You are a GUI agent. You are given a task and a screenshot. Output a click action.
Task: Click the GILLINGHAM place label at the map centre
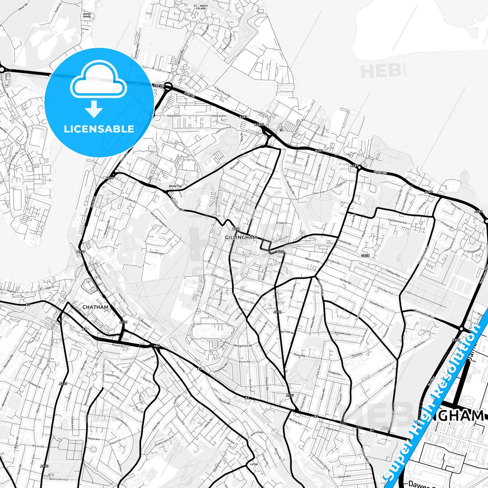click(x=241, y=237)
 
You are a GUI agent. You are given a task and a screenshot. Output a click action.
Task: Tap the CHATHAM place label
click(x=96, y=307)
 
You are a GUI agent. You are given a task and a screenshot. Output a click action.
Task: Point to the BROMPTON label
click(x=175, y=186)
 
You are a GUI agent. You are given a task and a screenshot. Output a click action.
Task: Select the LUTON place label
click(x=253, y=464)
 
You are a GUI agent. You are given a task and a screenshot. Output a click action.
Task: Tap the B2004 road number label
click(x=259, y=125)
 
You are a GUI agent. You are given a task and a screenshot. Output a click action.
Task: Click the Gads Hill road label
click(x=380, y=172)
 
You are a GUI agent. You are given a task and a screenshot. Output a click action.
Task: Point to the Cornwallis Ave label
click(x=423, y=315)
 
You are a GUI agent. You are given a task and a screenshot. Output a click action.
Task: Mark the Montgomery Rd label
click(x=243, y=346)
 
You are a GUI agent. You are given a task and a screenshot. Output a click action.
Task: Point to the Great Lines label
click(x=157, y=252)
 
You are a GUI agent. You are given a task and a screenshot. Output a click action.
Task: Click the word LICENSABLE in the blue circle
click(x=99, y=129)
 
